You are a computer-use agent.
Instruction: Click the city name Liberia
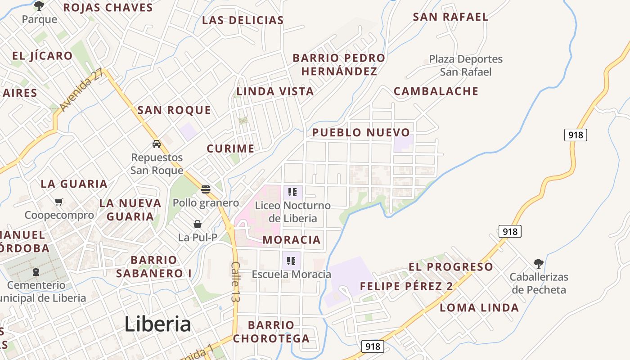click(x=157, y=324)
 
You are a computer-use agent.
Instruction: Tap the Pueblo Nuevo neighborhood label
click(x=361, y=132)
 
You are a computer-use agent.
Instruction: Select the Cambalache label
click(x=436, y=91)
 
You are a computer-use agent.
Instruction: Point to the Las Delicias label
click(x=243, y=20)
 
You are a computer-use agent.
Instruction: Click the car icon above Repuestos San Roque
click(x=157, y=144)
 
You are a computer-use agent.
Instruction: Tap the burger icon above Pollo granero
click(x=206, y=189)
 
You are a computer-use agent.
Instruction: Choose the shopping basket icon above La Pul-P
click(x=198, y=224)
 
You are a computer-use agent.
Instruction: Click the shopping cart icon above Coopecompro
click(x=59, y=202)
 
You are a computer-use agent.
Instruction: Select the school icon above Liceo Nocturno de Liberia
click(x=292, y=193)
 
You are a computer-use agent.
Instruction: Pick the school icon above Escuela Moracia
click(x=291, y=261)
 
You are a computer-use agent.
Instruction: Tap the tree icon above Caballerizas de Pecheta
click(x=538, y=264)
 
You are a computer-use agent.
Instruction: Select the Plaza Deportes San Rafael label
click(x=466, y=65)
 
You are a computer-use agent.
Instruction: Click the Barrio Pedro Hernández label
click(x=339, y=64)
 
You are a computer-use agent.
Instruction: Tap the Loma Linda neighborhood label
click(x=479, y=308)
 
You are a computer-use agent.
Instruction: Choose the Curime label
click(x=230, y=148)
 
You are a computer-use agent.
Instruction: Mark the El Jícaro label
click(x=42, y=56)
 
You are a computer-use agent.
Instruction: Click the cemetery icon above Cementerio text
click(x=36, y=272)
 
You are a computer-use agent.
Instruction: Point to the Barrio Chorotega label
click(x=271, y=332)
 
